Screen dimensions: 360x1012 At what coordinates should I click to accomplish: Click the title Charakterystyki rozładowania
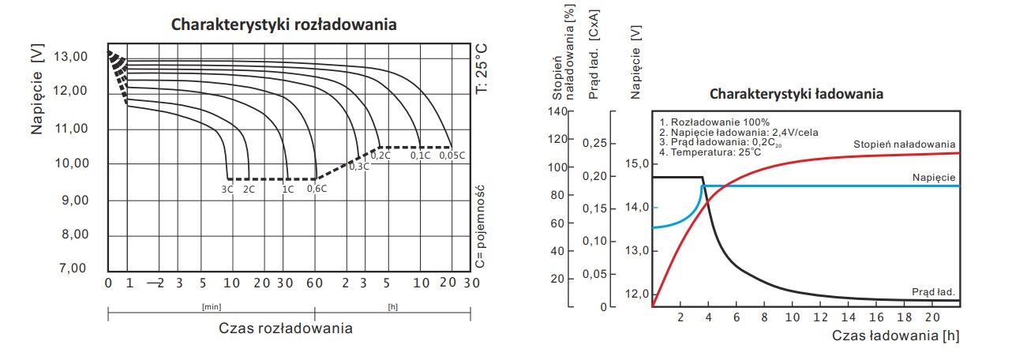coord(284,25)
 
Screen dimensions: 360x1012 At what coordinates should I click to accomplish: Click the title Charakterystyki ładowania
coord(796,94)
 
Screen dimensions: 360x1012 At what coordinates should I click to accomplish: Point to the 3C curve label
coord(228,189)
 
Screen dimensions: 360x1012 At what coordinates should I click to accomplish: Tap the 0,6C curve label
coord(316,189)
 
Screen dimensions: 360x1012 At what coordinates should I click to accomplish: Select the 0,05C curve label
coord(452,156)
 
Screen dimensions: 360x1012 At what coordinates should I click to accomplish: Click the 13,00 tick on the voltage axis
coord(70,57)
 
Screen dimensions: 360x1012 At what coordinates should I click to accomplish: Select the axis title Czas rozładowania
coord(286,328)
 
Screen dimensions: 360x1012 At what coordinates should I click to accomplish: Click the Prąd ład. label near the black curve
coord(933,291)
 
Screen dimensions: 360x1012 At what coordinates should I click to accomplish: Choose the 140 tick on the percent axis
coord(558,111)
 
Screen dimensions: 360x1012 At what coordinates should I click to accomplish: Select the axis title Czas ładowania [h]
coord(896,336)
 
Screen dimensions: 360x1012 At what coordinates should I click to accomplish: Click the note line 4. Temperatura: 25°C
coord(710,151)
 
